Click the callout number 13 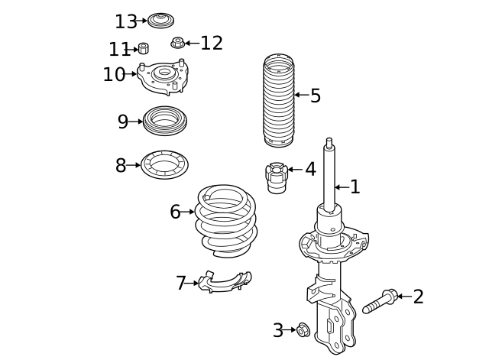(x=126, y=22)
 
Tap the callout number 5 (x=316, y=96)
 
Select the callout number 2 (x=419, y=297)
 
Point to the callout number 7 (x=181, y=283)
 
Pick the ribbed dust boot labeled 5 (x=279, y=100)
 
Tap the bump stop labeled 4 (x=277, y=178)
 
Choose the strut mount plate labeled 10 (x=163, y=76)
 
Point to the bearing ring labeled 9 (x=165, y=121)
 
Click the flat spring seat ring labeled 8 (x=165, y=165)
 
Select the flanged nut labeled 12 (x=178, y=43)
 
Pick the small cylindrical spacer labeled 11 (x=143, y=48)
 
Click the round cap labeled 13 (x=160, y=21)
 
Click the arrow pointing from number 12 (x=193, y=43)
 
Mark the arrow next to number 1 (x=342, y=187)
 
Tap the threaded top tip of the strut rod (x=329, y=142)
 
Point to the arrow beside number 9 (x=136, y=122)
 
